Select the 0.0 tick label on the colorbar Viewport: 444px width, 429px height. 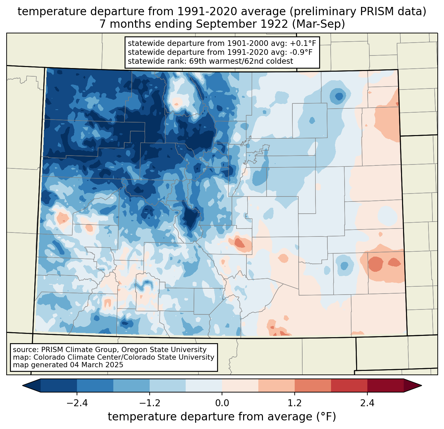222,403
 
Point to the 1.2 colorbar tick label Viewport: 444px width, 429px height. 295,403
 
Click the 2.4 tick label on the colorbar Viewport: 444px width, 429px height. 367,403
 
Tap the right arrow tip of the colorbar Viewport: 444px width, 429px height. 421,385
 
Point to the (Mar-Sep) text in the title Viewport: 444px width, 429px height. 319,24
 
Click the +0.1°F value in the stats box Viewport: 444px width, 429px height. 303,43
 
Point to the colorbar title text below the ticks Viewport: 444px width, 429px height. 222,417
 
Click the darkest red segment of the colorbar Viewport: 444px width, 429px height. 385,385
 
